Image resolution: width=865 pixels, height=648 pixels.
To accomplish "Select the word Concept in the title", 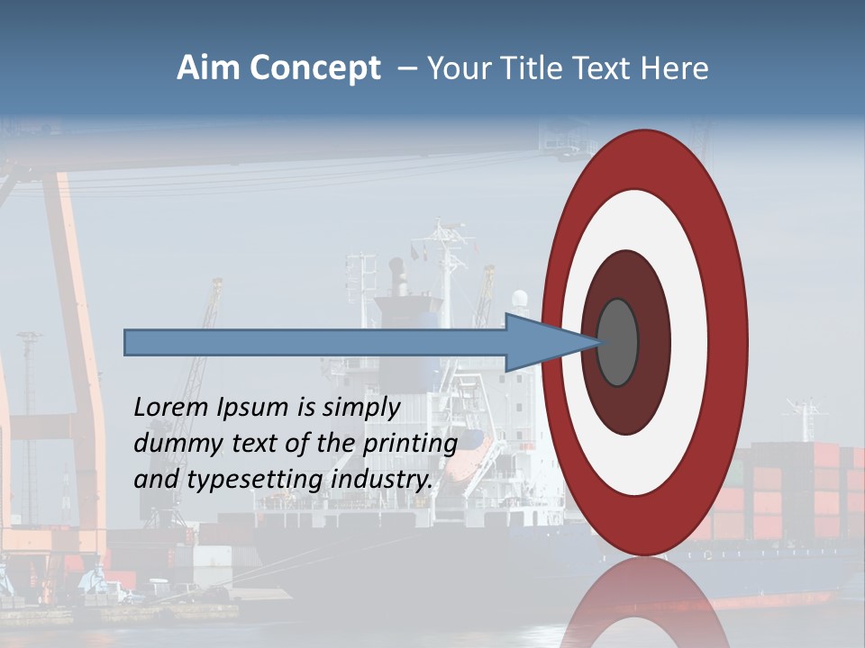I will coord(314,69).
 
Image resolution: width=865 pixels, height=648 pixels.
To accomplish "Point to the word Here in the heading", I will coord(675,68).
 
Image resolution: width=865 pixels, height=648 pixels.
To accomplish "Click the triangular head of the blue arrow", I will coord(541,342).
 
